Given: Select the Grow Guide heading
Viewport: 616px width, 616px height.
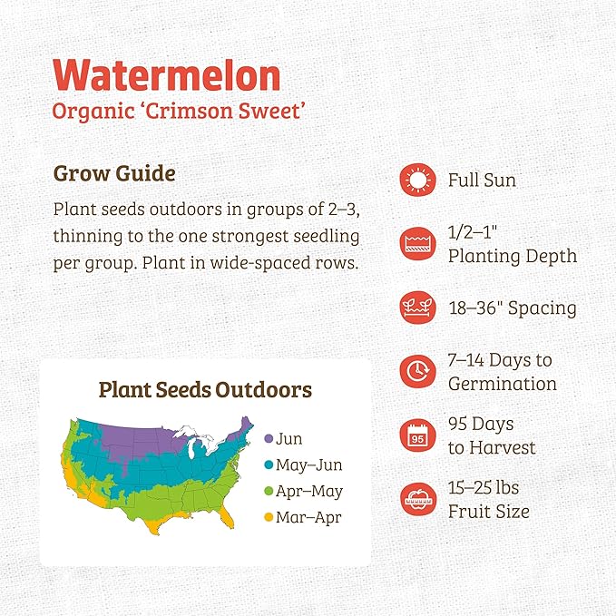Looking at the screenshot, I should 114,172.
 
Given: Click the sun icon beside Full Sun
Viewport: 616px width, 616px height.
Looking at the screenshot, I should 416,181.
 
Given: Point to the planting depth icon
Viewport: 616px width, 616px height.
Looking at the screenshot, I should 416,245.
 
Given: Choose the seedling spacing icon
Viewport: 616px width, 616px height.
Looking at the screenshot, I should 416,308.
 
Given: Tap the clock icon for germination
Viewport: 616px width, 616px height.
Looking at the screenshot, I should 416,371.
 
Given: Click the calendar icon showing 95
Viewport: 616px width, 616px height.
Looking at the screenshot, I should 416,435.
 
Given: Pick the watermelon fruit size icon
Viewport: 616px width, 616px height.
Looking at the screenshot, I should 416,500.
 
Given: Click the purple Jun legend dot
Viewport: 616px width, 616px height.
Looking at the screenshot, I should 269,439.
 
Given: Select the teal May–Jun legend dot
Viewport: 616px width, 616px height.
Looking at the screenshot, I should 269,465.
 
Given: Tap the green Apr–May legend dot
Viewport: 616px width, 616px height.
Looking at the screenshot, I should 269,492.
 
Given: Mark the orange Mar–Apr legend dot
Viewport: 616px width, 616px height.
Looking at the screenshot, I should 269,518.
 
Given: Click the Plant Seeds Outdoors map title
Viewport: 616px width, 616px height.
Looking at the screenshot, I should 205,390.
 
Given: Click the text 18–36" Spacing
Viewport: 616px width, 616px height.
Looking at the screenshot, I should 512,308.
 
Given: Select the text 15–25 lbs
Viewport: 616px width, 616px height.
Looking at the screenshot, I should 484,488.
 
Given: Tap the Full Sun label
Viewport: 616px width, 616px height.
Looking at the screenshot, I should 482,181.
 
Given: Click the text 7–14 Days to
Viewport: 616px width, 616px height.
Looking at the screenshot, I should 499,360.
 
